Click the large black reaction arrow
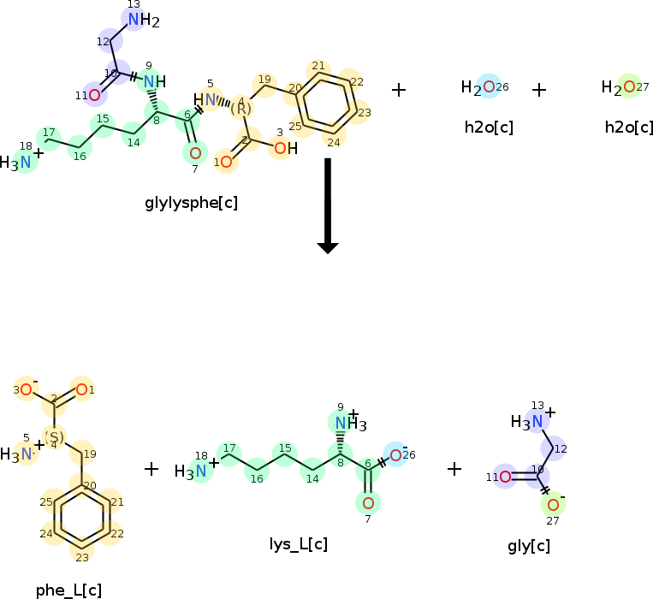pyautogui.click(x=328, y=205)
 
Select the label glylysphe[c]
pyautogui.click(x=192, y=203)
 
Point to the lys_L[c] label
pyautogui.click(x=299, y=544)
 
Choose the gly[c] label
pyautogui.click(x=529, y=546)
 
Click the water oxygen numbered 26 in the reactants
pyautogui.click(x=488, y=86)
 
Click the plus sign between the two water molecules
pyautogui.click(x=539, y=89)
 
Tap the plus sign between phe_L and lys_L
pyautogui.click(x=151, y=468)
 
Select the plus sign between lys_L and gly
pyautogui.click(x=454, y=468)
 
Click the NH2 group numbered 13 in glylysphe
pyautogui.click(x=138, y=20)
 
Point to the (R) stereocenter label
pyautogui.click(x=242, y=109)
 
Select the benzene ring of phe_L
pyautogui.click(x=81, y=516)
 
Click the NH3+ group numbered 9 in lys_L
pyautogui.click(x=347, y=423)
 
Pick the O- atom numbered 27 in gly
pyautogui.click(x=553, y=504)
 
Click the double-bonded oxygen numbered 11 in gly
pyautogui.click(x=505, y=477)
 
